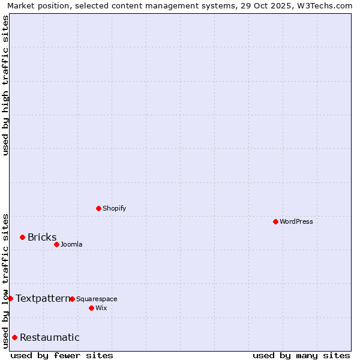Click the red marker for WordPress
tap(275, 221)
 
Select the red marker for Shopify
tap(98, 208)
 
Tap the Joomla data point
tap(56, 244)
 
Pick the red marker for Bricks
tap(22, 237)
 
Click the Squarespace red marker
tap(72, 299)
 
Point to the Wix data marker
tap(91, 308)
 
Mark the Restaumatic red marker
tap(14, 337)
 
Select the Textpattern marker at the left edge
tap(10, 298)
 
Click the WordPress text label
tap(296, 221)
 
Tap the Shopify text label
tap(115, 208)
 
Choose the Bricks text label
tap(42, 237)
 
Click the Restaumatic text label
tap(50, 337)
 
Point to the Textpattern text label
tap(43, 298)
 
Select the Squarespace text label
tap(97, 299)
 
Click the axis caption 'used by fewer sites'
tap(62, 355)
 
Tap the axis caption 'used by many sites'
tap(301, 355)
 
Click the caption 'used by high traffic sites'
tap(6, 85)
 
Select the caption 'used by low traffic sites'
tap(6, 280)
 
